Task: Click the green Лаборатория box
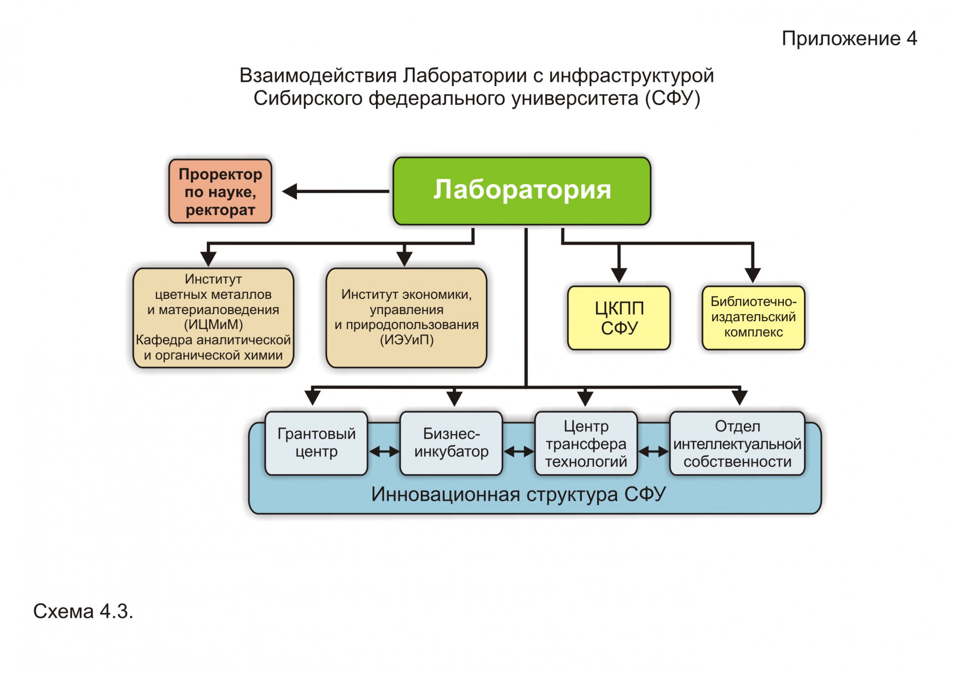(522, 191)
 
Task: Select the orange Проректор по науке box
(220, 191)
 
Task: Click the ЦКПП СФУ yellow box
(619, 318)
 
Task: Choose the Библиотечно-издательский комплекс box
(753, 317)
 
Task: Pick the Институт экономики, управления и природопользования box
(406, 317)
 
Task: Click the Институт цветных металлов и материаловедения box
(213, 317)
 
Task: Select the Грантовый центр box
(316, 443)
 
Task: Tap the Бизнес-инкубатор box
(451, 443)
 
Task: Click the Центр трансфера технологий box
(586, 443)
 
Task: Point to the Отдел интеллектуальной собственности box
(737, 443)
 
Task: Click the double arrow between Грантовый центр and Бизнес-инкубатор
(384, 451)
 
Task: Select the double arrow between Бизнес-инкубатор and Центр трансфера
(519, 451)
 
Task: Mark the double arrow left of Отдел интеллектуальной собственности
(653, 451)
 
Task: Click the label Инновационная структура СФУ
(518, 495)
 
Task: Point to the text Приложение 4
(849, 39)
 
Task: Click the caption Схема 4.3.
(83, 612)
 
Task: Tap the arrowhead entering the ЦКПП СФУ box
(619, 275)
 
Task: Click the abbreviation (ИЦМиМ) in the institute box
(213, 325)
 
